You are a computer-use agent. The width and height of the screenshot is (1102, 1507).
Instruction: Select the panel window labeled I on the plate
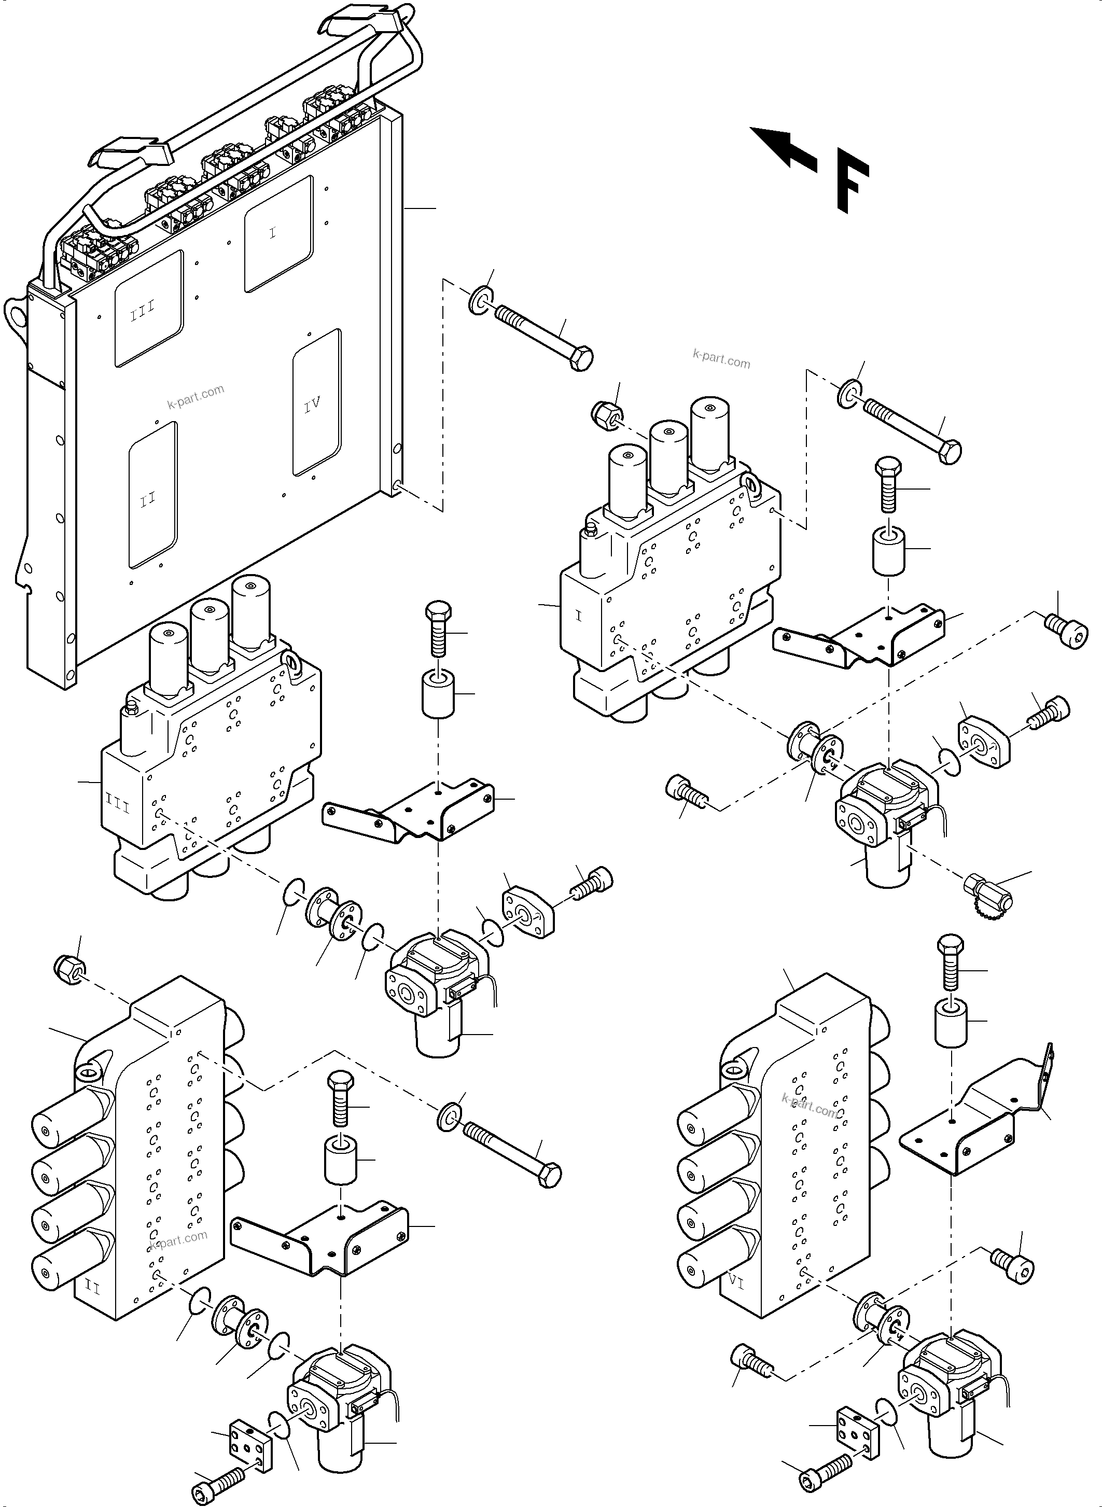coord(278,233)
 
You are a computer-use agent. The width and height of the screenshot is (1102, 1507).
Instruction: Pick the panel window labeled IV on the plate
coord(316,403)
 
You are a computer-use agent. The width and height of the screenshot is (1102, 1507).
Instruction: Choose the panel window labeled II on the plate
coord(152,495)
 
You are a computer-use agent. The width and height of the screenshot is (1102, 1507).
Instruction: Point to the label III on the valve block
coord(118,806)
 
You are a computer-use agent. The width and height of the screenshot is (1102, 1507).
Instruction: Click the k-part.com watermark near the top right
coord(721,360)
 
